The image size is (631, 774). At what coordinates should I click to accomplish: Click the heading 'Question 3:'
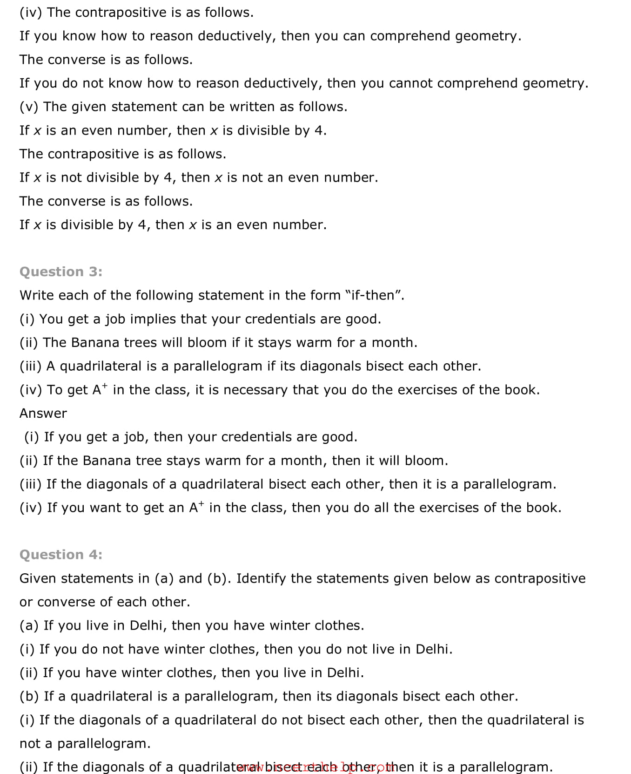pos(61,272)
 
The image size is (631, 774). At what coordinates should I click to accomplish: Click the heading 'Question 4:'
pos(61,555)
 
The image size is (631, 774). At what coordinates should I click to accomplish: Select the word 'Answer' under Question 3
pos(43,414)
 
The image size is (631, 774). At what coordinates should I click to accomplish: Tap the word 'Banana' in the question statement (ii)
pos(95,343)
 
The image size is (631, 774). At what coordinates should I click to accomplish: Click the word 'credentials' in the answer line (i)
pos(256,437)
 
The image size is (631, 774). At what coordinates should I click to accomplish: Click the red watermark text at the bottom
pos(316,767)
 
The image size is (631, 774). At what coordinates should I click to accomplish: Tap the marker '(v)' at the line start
pos(29,107)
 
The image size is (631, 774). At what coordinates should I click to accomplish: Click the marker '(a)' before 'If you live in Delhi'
pos(29,625)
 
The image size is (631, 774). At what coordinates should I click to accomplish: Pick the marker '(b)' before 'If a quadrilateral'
pos(29,696)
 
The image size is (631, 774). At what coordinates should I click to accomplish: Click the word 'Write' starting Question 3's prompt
pos(36,296)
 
